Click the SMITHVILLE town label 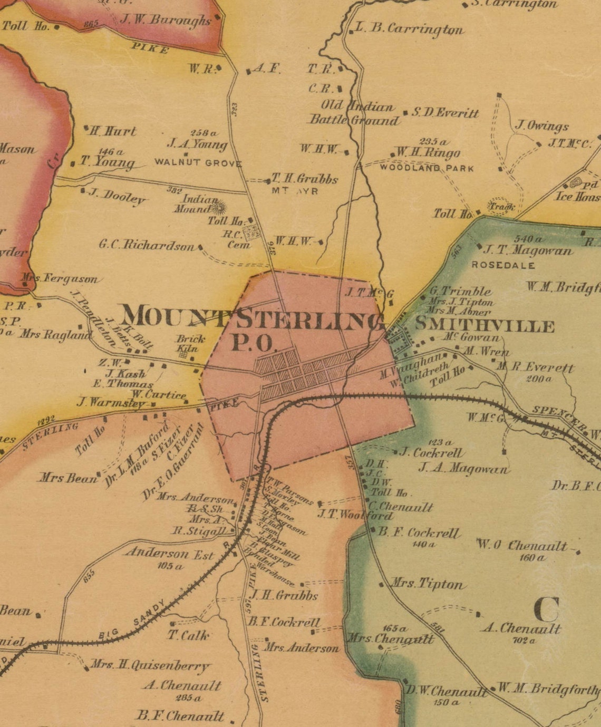tap(484, 325)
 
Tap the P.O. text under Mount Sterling tap(254, 343)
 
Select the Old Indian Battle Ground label tap(354, 113)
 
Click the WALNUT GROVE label tap(198, 163)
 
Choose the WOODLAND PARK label tap(426, 168)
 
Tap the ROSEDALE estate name tap(503, 265)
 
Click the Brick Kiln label tap(190, 343)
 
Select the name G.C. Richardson tap(147, 245)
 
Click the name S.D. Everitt tap(445, 113)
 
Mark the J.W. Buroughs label tap(166, 21)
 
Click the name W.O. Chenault tap(521, 546)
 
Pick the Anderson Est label tap(169, 554)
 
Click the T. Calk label tap(188, 635)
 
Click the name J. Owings tap(542, 125)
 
